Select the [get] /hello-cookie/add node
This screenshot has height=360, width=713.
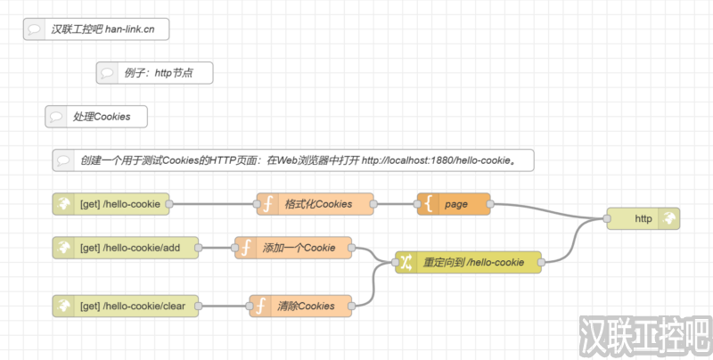point(125,248)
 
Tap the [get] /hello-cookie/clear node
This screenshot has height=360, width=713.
point(125,306)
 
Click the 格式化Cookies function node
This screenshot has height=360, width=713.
point(317,204)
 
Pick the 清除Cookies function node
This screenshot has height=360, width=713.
point(303,306)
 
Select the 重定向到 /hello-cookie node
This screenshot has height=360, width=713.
point(472,262)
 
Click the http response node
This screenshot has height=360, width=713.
point(643,218)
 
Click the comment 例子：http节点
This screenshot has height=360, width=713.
point(155,73)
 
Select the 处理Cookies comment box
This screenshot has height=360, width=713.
point(96,116)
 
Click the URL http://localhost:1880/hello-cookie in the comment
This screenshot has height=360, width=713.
point(437,160)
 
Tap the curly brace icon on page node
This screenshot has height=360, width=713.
point(429,204)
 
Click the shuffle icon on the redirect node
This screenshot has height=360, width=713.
point(406,262)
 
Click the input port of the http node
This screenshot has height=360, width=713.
point(606,218)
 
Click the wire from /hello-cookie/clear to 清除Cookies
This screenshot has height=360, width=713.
point(223,306)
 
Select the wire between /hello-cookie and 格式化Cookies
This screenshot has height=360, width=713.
point(214,204)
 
